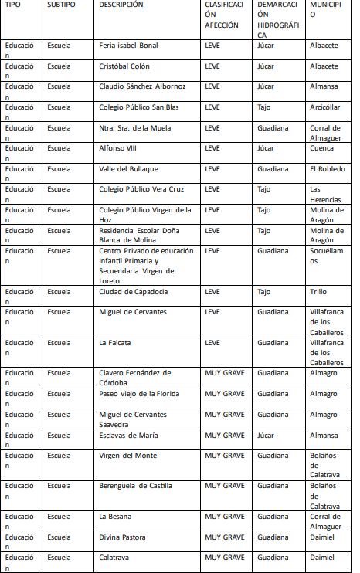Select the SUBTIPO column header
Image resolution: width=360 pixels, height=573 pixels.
coord(62,5)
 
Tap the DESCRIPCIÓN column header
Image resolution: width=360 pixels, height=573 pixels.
coord(121,5)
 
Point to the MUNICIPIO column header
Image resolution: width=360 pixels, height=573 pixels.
coord(324,15)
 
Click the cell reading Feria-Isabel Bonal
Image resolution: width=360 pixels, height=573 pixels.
coord(128,46)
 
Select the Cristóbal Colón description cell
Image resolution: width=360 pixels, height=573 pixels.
coord(124,66)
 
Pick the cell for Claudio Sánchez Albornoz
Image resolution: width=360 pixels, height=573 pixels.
coord(144,86)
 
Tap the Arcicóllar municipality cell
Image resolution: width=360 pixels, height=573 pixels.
coord(324,107)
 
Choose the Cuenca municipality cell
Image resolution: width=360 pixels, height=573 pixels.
coord(322,148)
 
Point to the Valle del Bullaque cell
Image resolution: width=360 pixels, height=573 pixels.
coord(128,169)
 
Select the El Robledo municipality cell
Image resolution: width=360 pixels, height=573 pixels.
coord(328,169)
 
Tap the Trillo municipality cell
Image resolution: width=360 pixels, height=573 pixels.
coord(320,292)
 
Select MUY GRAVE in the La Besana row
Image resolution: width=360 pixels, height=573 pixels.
coord(225,517)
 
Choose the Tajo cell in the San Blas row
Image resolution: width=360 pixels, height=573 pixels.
coord(264,107)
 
